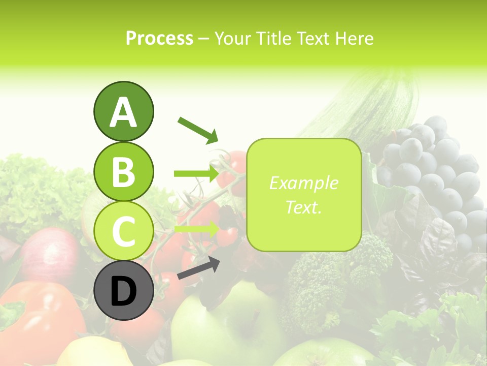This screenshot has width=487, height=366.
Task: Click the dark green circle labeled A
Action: [123, 111]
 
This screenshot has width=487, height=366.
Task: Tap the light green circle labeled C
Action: [123, 231]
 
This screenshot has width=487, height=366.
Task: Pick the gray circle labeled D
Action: [123, 290]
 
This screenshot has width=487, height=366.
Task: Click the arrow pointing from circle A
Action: [198, 129]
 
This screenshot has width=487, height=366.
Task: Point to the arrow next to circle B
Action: [196, 173]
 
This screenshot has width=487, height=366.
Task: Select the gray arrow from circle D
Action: [198, 268]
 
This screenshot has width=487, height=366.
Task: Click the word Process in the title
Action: [159, 38]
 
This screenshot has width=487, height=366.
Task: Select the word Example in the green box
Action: [303, 183]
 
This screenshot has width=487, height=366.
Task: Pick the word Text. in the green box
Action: [303, 207]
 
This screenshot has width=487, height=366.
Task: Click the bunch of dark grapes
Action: [431, 173]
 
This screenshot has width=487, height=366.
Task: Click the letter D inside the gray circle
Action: [123, 291]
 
